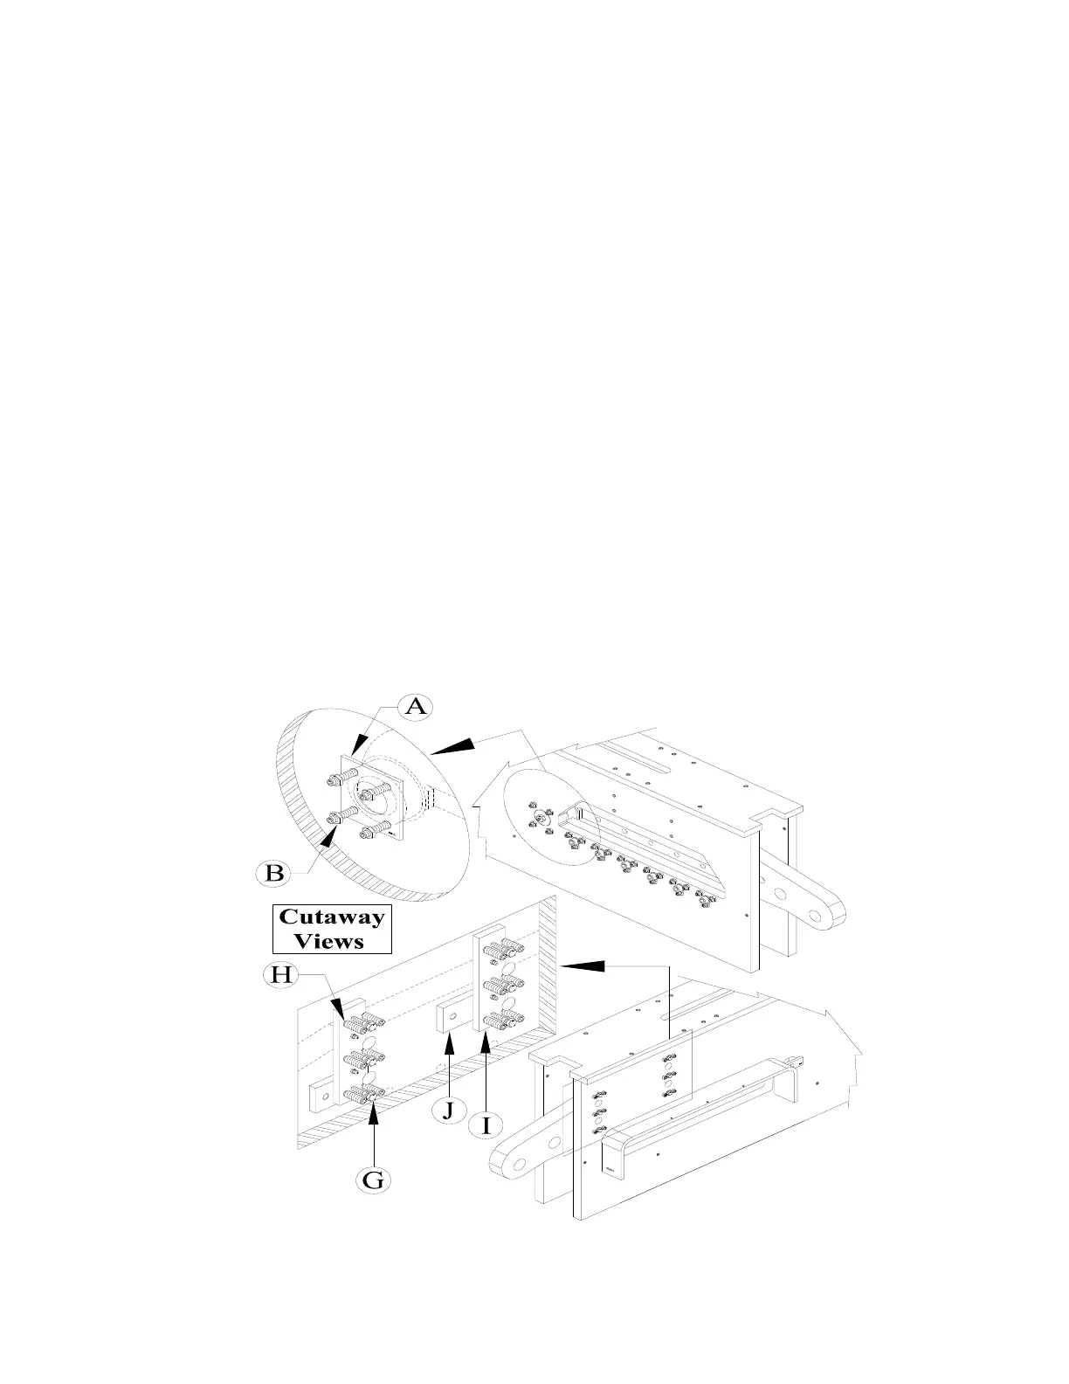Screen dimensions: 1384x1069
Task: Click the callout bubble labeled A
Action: [416, 706]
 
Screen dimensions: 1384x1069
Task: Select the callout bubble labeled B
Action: [274, 872]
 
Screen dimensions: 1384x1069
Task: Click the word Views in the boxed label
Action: [329, 941]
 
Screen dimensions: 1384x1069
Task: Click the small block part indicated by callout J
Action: [450, 1018]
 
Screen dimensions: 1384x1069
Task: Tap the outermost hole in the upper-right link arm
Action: [817, 917]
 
